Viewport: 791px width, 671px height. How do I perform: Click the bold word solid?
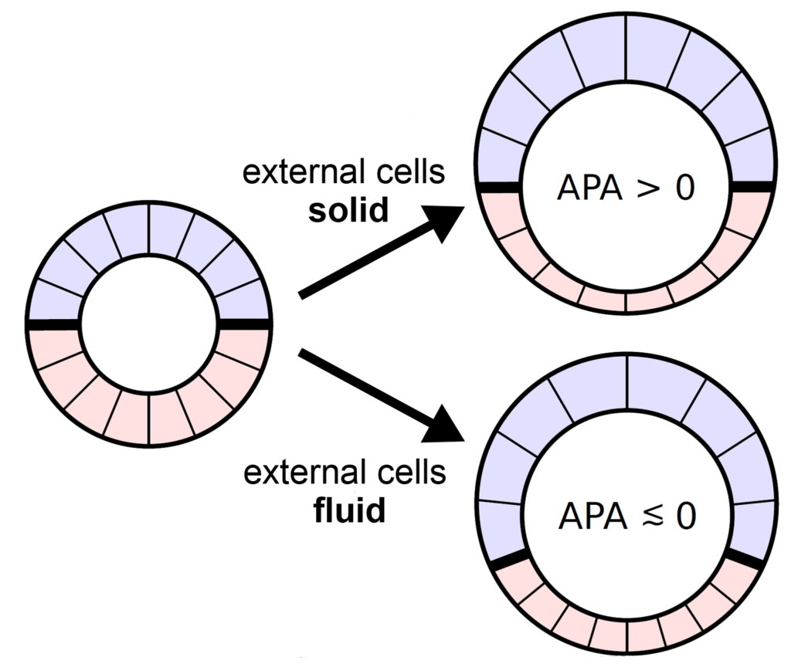[348, 210]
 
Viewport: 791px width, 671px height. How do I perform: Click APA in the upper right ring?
[585, 188]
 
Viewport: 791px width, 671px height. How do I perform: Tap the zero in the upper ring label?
[684, 188]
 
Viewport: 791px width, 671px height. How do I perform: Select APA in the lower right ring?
[586, 517]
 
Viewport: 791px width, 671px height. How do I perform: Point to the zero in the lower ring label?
[685, 517]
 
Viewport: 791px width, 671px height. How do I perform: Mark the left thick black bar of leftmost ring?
[53, 324]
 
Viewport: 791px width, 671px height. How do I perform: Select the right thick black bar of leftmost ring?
[244, 324]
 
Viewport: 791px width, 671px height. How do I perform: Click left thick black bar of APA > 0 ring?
[498, 187]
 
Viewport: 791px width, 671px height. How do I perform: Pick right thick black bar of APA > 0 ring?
[752, 187]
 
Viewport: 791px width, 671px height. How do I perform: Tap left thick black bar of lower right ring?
[509, 560]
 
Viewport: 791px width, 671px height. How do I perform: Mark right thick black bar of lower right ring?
[744, 560]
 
